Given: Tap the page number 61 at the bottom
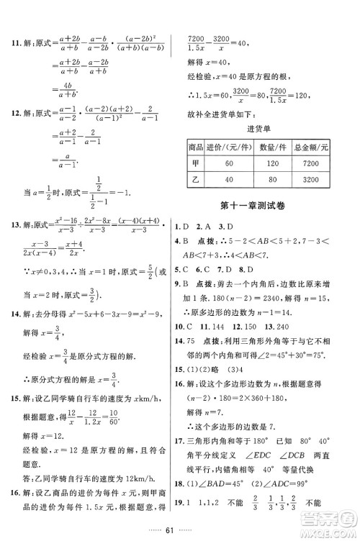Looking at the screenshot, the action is pos(179,528).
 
